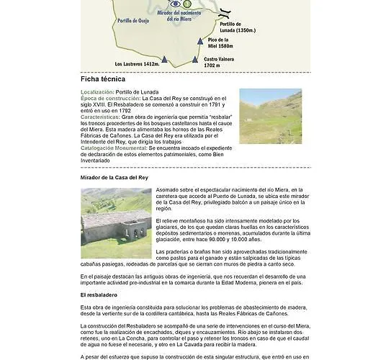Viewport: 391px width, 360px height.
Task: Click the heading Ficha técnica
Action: point(102,79)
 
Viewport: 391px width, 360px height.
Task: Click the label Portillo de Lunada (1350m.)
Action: point(237,27)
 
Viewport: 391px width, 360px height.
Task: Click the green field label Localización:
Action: point(98,92)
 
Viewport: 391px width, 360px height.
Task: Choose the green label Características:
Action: point(100,115)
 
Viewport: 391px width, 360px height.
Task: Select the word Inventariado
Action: point(99,158)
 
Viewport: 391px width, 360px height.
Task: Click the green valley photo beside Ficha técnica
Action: point(270,116)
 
